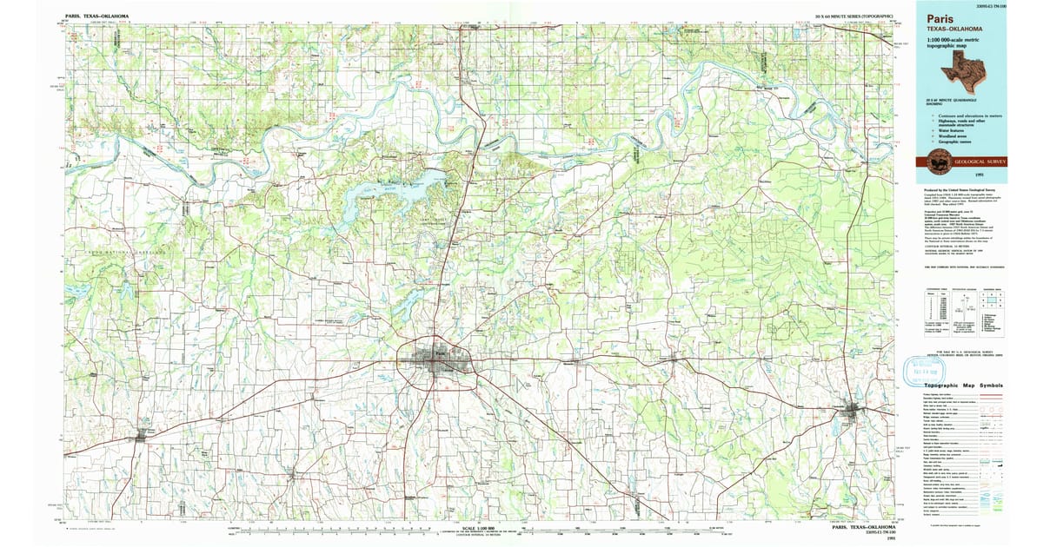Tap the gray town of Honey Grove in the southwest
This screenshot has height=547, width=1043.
click(140, 437)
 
